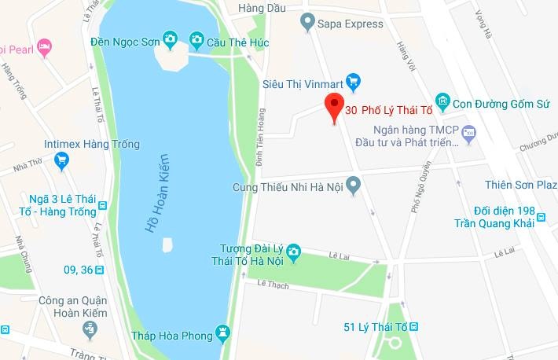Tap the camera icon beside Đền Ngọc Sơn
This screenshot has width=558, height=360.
click(170, 39)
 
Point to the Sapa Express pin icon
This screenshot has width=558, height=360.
click(307, 24)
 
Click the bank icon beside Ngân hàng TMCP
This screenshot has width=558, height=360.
click(469, 133)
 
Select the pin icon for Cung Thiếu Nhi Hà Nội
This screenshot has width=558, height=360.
click(354, 186)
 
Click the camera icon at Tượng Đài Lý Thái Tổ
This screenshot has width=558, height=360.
click(294, 252)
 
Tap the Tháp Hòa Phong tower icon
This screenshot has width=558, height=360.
click(223, 335)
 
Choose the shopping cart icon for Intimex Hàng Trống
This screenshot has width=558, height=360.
click(61, 160)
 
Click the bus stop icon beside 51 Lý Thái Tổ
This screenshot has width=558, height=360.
click(414, 326)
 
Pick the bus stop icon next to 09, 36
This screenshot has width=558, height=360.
click(99, 270)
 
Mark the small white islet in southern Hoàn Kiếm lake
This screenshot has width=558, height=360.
click(167, 244)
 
